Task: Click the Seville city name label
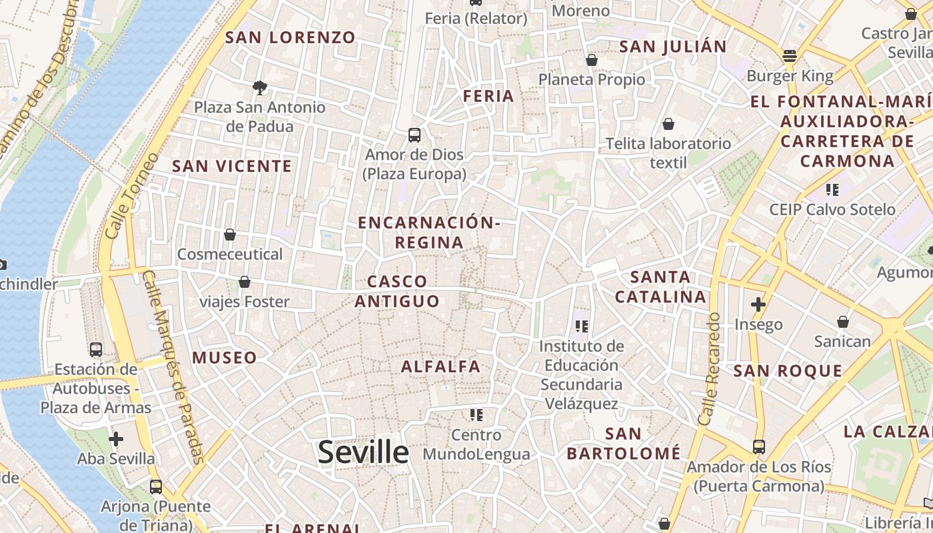[x=363, y=452]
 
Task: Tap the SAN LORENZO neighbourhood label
[x=291, y=37]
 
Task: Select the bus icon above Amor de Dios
[x=414, y=135]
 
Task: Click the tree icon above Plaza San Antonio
[x=260, y=87]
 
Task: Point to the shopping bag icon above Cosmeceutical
[x=230, y=235]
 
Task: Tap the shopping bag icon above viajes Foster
[x=245, y=282]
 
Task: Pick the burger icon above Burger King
[x=790, y=56]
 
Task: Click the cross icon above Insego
[x=758, y=304]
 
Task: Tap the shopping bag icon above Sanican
[x=843, y=322]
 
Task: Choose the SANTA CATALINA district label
[x=660, y=286]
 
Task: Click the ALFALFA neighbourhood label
[x=441, y=366]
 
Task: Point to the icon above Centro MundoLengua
[x=476, y=415]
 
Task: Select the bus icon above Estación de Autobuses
[x=96, y=349]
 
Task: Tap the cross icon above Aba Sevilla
[x=116, y=439]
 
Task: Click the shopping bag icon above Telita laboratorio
[x=668, y=124]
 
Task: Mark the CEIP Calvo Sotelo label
[x=832, y=210]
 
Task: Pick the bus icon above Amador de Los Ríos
[x=758, y=446]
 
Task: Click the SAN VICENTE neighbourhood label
[x=232, y=167]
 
